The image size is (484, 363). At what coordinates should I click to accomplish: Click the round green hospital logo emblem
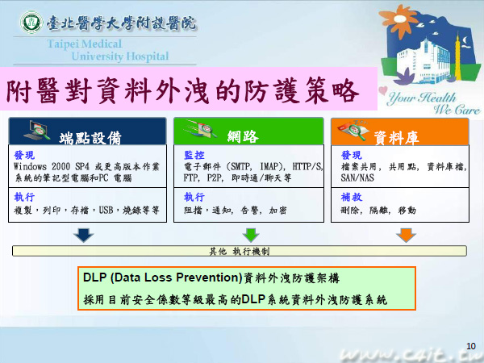(x=31, y=23)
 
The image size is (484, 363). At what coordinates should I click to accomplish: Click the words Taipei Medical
(x=85, y=44)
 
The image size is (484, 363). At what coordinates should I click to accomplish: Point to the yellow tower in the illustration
(x=458, y=58)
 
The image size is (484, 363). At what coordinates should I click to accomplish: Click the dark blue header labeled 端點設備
(x=87, y=131)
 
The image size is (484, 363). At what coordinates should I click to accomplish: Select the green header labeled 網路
(x=248, y=131)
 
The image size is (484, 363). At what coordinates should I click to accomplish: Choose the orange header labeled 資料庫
(x=400, y=131)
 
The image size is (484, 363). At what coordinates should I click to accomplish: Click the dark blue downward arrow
(x=84, y=236)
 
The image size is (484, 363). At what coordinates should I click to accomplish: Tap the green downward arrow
(x=251, y=236)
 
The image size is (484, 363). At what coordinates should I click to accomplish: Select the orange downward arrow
(x=406, y=236)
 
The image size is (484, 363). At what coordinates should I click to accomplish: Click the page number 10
(x=471, y=346)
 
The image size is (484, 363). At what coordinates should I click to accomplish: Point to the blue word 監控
(x=194, y=155)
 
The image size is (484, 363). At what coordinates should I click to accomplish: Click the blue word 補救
(x=351, y=197)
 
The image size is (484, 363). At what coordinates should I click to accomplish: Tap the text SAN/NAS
(x=357, y=177)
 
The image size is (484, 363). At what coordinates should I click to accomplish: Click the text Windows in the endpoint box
(x=30, y=167)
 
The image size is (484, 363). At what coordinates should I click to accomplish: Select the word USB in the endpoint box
(x=106, y=211)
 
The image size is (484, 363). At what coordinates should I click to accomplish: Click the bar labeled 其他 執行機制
(x=240, y=251)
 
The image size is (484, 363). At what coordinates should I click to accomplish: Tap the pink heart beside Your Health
(x=382, y=90)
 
